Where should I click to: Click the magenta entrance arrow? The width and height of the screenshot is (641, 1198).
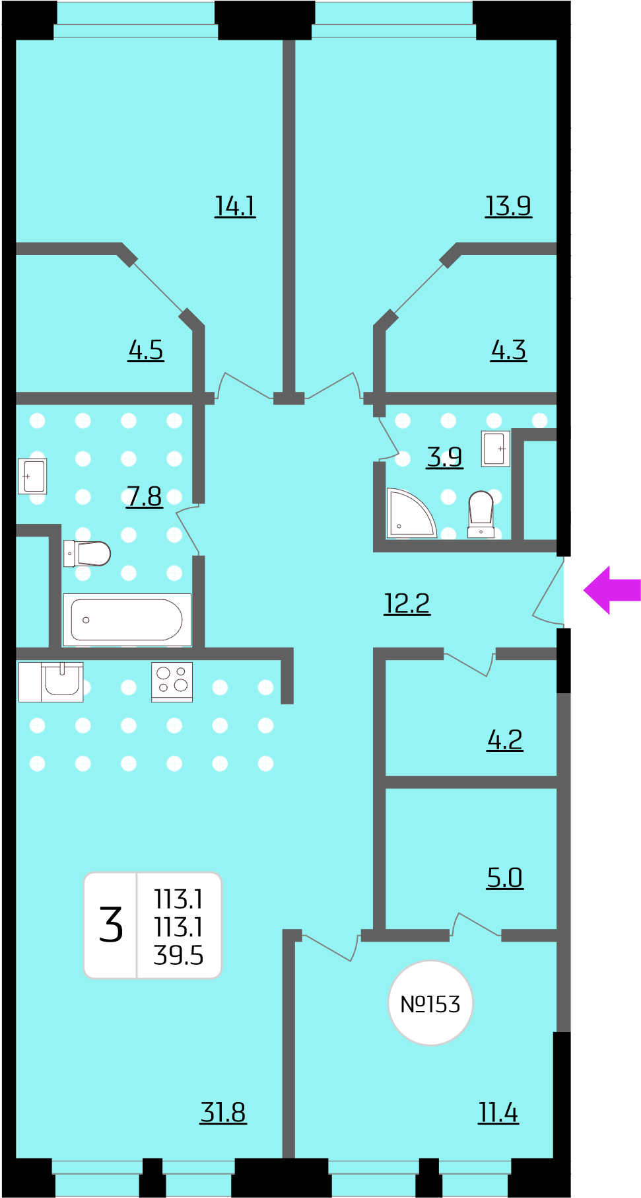pos(611,590)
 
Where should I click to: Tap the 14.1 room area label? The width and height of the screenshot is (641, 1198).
pos(235,206)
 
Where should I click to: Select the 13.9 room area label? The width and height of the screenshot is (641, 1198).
pos(508,206)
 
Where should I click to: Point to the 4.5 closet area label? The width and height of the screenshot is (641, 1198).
pos(146,350)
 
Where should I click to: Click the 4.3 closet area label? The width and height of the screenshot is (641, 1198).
pos(508,350)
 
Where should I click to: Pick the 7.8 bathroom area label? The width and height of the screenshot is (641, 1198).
pos(144,496)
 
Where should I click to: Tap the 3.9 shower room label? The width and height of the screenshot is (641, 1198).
pos(445,457)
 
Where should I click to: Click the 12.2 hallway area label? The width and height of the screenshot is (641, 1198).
pos(407,603)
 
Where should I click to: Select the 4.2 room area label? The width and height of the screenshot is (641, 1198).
pos(505,740)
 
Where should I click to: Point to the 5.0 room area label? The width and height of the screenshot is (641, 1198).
pos(505,878)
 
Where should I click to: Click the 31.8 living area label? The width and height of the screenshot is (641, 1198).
pos(223,1113)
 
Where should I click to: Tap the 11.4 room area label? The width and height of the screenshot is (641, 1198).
pos(498,1113)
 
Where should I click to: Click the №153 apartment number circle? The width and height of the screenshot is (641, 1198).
pos(430,1003)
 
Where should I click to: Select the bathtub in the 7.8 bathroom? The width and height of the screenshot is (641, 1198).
pos(127,620)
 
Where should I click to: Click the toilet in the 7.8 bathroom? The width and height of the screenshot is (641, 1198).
pos(87,554)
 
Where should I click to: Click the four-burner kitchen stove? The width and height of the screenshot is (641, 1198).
pos(172,682)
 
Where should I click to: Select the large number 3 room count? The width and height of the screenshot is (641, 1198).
pos(111,924)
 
